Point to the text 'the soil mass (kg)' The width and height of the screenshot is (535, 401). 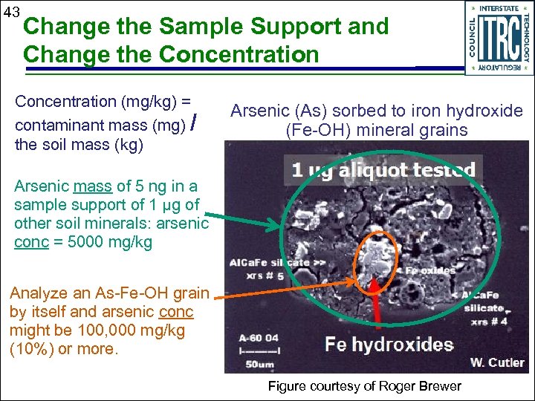[79, 145]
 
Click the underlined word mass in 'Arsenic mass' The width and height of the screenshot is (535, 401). [92, 186]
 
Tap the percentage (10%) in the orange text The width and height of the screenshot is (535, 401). [30, 349]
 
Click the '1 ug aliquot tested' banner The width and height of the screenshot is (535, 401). [383, 171]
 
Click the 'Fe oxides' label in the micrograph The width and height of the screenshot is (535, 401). [429, 270]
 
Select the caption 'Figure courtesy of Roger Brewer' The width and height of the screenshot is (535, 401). [364, 386]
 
